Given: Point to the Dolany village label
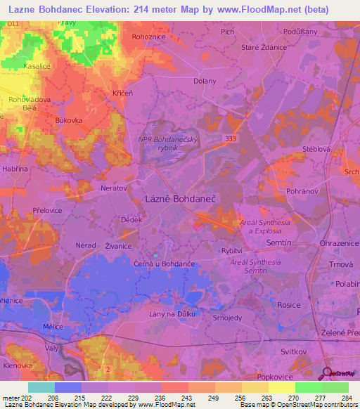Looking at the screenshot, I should click(205, 81).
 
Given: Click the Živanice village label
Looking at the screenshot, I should click(118, 246).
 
